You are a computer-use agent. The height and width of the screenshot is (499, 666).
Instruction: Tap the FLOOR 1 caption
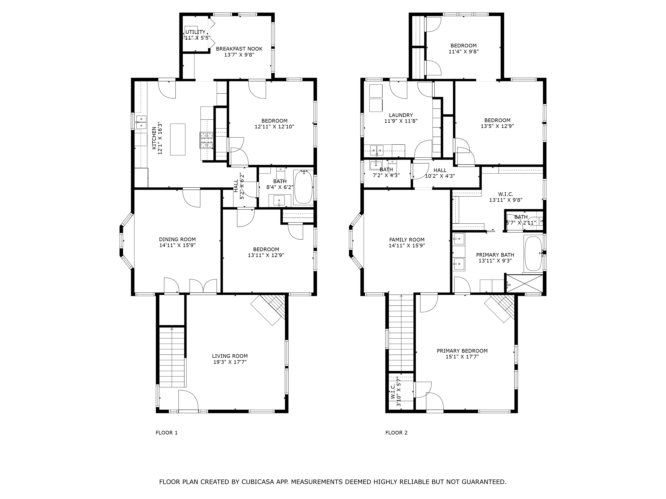pyautogui.click(x=166, y=433)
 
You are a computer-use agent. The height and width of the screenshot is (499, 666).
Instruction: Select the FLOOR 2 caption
pyautogui.click(x=396, y=433)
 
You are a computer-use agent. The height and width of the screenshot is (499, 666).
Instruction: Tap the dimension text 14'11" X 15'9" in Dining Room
pyautogui.click(x=177, y=245)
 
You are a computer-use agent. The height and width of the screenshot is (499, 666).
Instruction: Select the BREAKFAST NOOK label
pyautogui.click(x=239, y=49)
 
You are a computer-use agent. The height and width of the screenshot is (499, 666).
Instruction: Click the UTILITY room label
pyautogui.click(x=195, y=32)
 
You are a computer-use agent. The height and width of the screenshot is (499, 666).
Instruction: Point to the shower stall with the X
pyautogui.click(x=524, y=283)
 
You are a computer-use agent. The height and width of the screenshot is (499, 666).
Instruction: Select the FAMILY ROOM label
pyautogui.click(x=407, y=240)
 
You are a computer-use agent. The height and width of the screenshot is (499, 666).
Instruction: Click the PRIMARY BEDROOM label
pyautogui.click(x=462, y=351)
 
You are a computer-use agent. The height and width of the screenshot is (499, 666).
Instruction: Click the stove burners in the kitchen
pyautogui.click(x=206, y=140)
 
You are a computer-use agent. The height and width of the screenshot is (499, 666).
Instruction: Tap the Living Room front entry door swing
pyautogui.click(x=188, y=400)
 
